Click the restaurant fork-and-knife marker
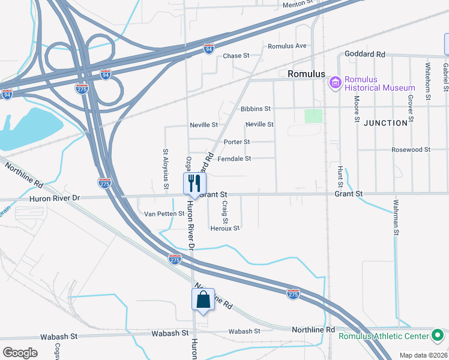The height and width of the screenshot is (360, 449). pyautogui.click(x=194, y=183)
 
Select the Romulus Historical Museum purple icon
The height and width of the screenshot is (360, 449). pyautogui.click(x=335, y=82)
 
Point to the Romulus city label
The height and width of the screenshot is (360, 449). pyautogui.click(x=306, y=74)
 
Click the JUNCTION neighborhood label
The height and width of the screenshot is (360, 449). pyautogui.click(x=385, y=122)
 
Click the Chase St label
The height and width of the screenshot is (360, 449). pyautogui.click(x=236, y=56)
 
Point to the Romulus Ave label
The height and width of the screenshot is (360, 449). pyautogui.click(x=287, y=46)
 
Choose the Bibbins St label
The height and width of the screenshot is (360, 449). pyautogui.click(x=256, y=109)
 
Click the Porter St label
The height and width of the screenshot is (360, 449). pyautogui.click(x=236, y=142)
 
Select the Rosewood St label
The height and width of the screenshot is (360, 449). pyautogui.click(x=411, y=149)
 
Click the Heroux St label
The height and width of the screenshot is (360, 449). pyautogui.click(x=224, y=228)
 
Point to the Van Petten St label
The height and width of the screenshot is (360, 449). pyautogui.click(x=163, y=214)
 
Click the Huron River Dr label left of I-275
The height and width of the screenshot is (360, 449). pyautogui.click(x=54, y=197)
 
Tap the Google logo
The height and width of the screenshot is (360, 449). pyautogui.click(x=20, y=352)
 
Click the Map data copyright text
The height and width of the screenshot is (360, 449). pyautogui.click(x=423, y=355)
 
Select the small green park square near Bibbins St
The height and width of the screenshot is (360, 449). pyautogui.click(x=313, y=116)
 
